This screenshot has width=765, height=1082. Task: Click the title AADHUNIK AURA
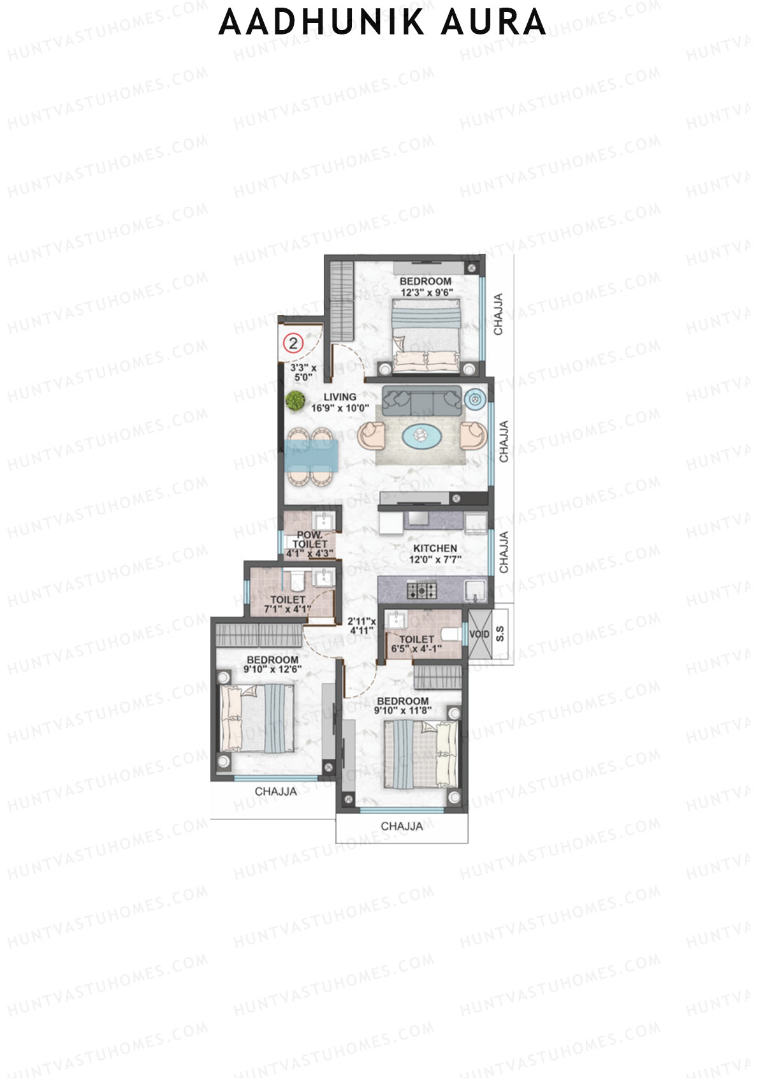coord(382,23)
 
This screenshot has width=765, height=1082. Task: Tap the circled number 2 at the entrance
coord(293,343)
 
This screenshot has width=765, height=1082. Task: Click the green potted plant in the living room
coord(295,400)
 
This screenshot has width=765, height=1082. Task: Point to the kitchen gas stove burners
coord(422,590)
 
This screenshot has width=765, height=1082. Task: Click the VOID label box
coord(479,634)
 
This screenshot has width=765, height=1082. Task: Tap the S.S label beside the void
coord(500,634)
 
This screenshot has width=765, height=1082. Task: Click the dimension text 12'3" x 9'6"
coord(426,293)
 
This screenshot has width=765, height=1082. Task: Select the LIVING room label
coord(339,397)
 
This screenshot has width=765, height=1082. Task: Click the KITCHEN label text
coord(435,548)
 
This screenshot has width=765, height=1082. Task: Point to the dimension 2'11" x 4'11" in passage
coord(361,626)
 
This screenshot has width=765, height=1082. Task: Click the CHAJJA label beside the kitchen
coord(504,552)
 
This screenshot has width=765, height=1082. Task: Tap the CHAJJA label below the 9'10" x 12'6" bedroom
coord(275,791)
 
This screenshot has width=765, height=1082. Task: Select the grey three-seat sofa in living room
coord(421,399)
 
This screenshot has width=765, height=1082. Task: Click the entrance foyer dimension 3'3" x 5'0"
coord(303,372)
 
